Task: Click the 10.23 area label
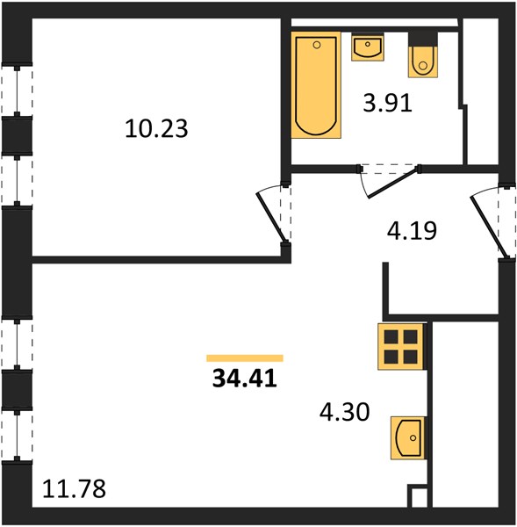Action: (x=156, y=128)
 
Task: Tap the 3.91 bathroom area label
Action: (x=387, y=103)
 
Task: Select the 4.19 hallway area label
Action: (x=412, y=230)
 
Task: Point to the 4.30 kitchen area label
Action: (x=344, y=412)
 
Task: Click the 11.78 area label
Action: (x=74, y=488)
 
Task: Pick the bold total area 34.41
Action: (x=245, y=378)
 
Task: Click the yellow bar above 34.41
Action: (x=245, y=358)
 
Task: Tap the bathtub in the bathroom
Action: (x=316, y=85)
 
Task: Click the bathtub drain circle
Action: (x=317, y=45)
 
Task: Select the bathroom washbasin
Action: (x=368, y=47)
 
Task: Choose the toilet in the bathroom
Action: (x=423, y=55)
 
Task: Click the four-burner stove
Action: (x=400, y=347)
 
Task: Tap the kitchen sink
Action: (x=407, y=438)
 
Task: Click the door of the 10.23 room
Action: (x=270, y=217)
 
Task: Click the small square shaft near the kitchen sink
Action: (x=418, y=496)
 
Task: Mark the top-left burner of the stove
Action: (x=391, y=336)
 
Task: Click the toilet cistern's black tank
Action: (x=423, y=40)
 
